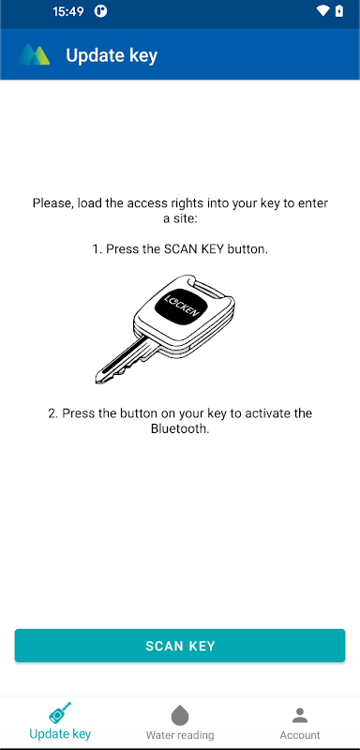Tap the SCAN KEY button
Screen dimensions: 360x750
[x=180, y=646]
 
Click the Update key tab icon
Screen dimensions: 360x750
[x=60, y=713]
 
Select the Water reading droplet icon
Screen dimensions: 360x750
[x=180, y=715]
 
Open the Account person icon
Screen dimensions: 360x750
[x=300, y=715]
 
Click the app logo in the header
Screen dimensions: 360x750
[x=35, y=54]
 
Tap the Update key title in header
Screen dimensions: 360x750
[x=112, y=55]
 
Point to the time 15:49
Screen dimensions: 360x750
[x=67, y=11]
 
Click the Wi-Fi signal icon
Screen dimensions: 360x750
[x=323, y=11]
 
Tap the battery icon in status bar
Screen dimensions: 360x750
[x=339, y=11]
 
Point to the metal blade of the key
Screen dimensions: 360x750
[x=125, y=360]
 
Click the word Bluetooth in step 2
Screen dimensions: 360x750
[x=179, y=428]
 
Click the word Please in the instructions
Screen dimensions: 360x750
[x=52, y=203]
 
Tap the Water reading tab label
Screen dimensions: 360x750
[x=180, y=735]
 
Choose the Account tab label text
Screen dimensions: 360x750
[x=300, y=735]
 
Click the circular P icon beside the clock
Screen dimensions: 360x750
[x=100, y=11]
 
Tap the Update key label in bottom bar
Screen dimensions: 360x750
[x=60, y=733]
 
